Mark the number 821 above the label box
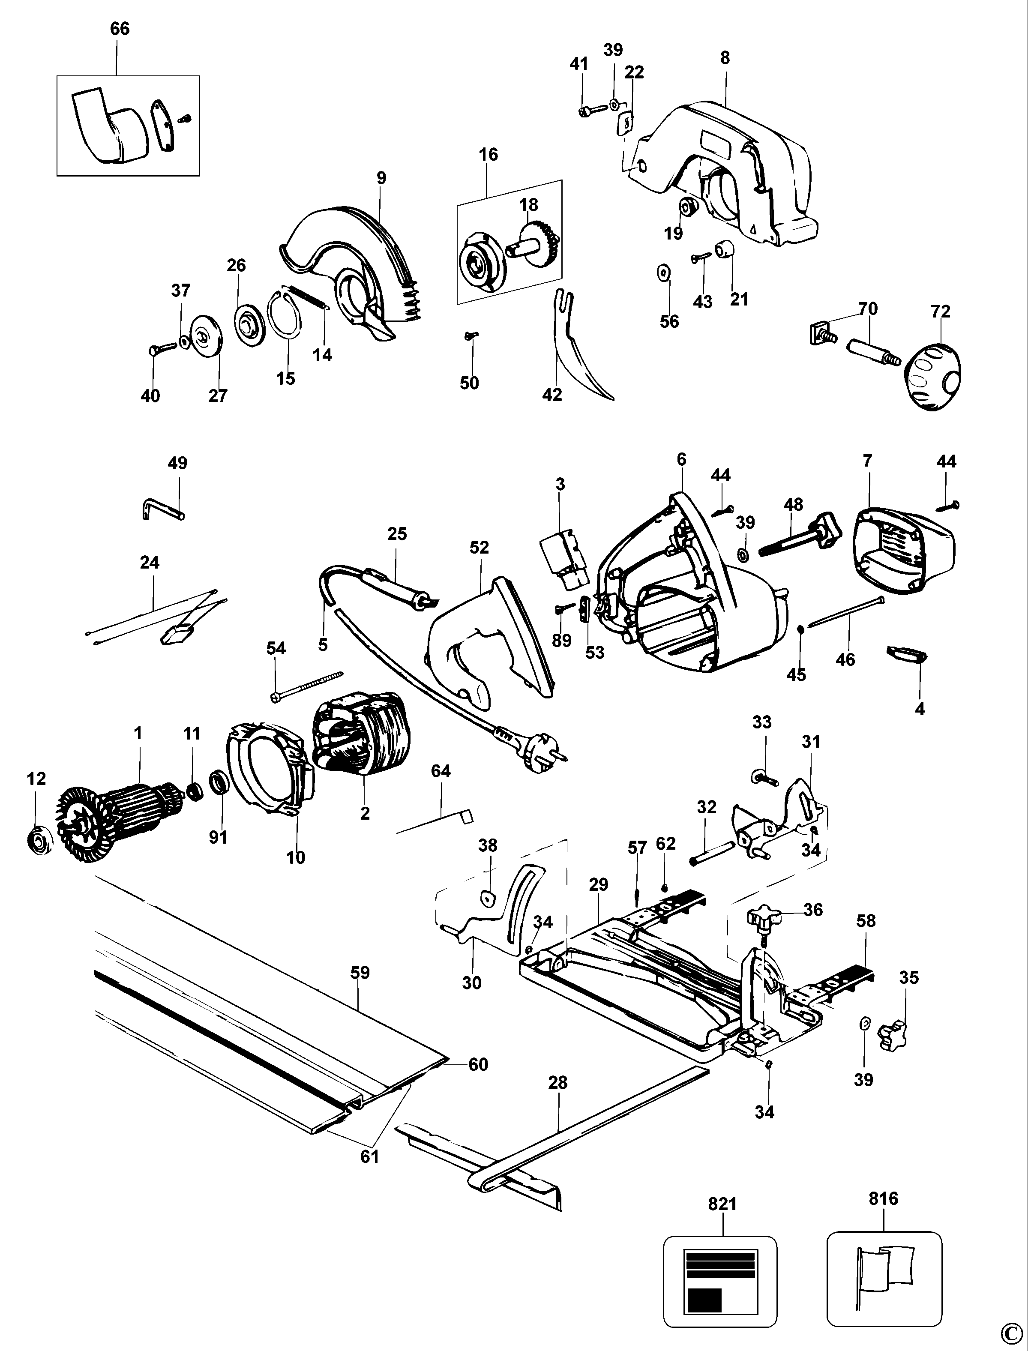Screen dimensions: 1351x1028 [722, 1204]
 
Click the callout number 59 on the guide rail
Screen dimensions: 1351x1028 [360, 972]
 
